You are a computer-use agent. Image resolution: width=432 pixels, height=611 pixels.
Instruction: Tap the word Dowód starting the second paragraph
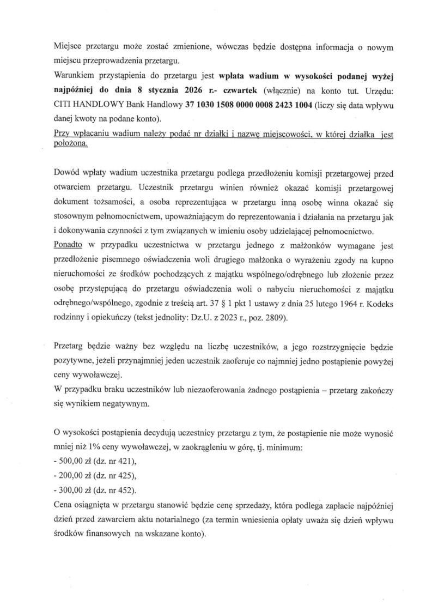[69, 174]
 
